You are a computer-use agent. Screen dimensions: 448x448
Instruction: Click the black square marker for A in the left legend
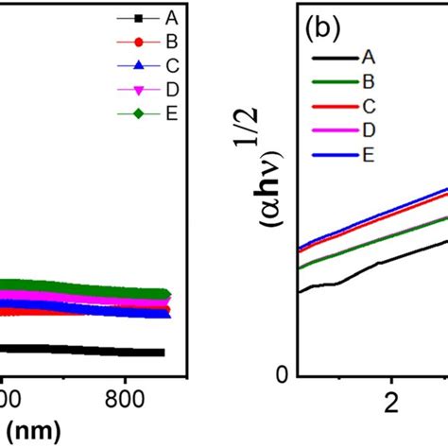pos(138,18)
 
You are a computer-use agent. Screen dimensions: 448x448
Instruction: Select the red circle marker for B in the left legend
pos(138,42)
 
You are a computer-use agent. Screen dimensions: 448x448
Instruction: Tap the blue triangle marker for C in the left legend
pos(138,66)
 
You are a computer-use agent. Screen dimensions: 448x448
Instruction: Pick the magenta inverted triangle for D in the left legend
pos(138,91)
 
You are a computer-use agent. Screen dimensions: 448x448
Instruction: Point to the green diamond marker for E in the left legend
pos(138,114)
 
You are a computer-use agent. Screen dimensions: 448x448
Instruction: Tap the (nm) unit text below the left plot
pos(32,431)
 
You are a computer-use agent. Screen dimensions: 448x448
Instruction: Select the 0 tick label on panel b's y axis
pos(280,376)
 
